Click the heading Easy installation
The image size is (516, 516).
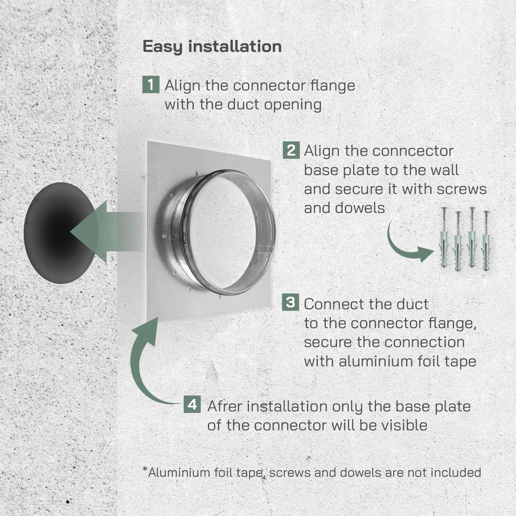tap(212, 46)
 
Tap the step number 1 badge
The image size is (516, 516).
tap(151, 85)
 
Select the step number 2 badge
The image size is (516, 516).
tap(291, 150)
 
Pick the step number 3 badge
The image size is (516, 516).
tap(291, 302)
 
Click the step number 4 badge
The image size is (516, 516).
tap(192, 405)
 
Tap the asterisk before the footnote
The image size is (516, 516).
tap(145, 470)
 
